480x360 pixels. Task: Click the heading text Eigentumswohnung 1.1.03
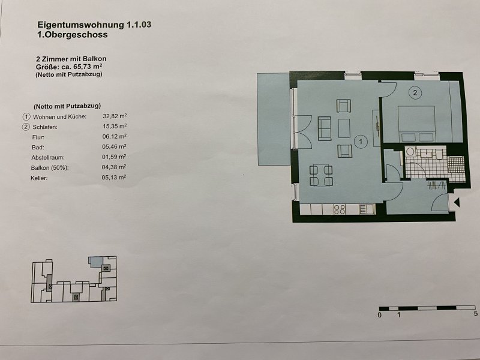pos(94,25)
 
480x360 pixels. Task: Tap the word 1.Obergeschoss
pos(72,35)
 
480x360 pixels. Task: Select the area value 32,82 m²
pos(115,116)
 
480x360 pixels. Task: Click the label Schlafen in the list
pos(45,127)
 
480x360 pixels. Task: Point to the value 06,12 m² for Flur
pos(114,137)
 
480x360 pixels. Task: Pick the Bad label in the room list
pos(38,148)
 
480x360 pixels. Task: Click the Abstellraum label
pos(48,158)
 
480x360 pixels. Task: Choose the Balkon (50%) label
pos(50,168)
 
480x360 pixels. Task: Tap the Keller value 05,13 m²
pos(114,177)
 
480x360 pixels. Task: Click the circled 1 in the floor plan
pos(361,142)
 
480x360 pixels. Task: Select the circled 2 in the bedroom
pos(415,92)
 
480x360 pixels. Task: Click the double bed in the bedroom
pos(416,124)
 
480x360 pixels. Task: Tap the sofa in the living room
pos(325,128)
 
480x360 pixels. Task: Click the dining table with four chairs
pos(321,175)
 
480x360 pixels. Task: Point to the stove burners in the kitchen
pos(340,209)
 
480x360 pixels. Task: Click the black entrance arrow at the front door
pos(457,202)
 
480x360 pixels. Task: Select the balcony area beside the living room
pos(274,119)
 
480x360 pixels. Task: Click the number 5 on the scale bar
pos(475,314)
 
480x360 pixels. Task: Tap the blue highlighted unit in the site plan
pos(95,262)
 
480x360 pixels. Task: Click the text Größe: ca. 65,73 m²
pos(69,67)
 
